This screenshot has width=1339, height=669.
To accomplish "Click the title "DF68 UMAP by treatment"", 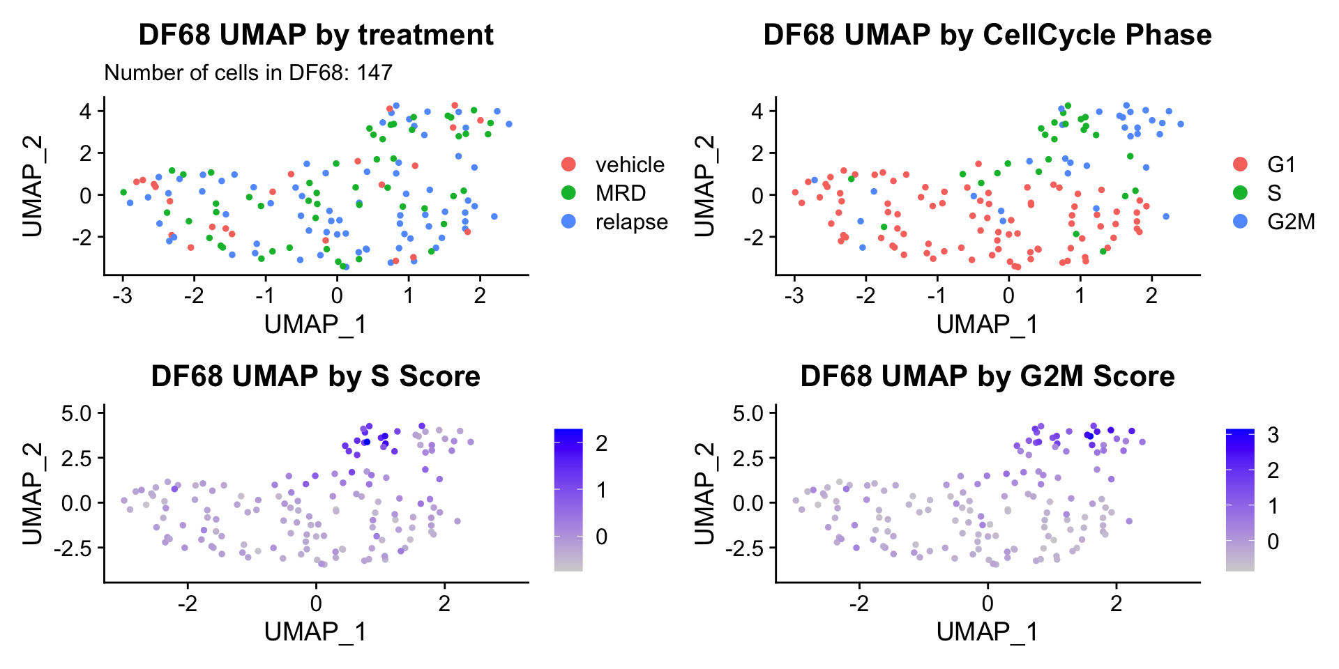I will point(316,35).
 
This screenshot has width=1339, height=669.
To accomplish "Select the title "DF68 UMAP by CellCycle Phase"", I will point(987,35).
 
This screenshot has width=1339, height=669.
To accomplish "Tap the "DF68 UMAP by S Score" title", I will point(316,376).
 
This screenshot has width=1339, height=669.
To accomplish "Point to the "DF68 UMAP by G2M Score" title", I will point(987,376).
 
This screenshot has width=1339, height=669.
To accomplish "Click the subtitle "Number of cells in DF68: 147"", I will point(248,72).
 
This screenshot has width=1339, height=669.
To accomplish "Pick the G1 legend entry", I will point(1281,164).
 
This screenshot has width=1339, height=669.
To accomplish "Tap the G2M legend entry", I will point(1291,222).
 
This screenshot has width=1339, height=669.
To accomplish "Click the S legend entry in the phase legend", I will point(1274,193).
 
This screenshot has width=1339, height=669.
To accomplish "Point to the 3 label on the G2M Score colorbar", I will point(1273,436).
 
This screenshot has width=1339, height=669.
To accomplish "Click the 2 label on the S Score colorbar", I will point(600,443).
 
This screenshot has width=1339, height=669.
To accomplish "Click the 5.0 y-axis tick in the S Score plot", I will point(77,413).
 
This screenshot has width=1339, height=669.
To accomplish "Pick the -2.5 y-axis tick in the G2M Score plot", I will point(745,548).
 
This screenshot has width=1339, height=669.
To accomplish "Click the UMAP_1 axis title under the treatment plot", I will point(315,325).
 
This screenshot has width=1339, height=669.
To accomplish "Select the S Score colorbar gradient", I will point(568,500).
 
